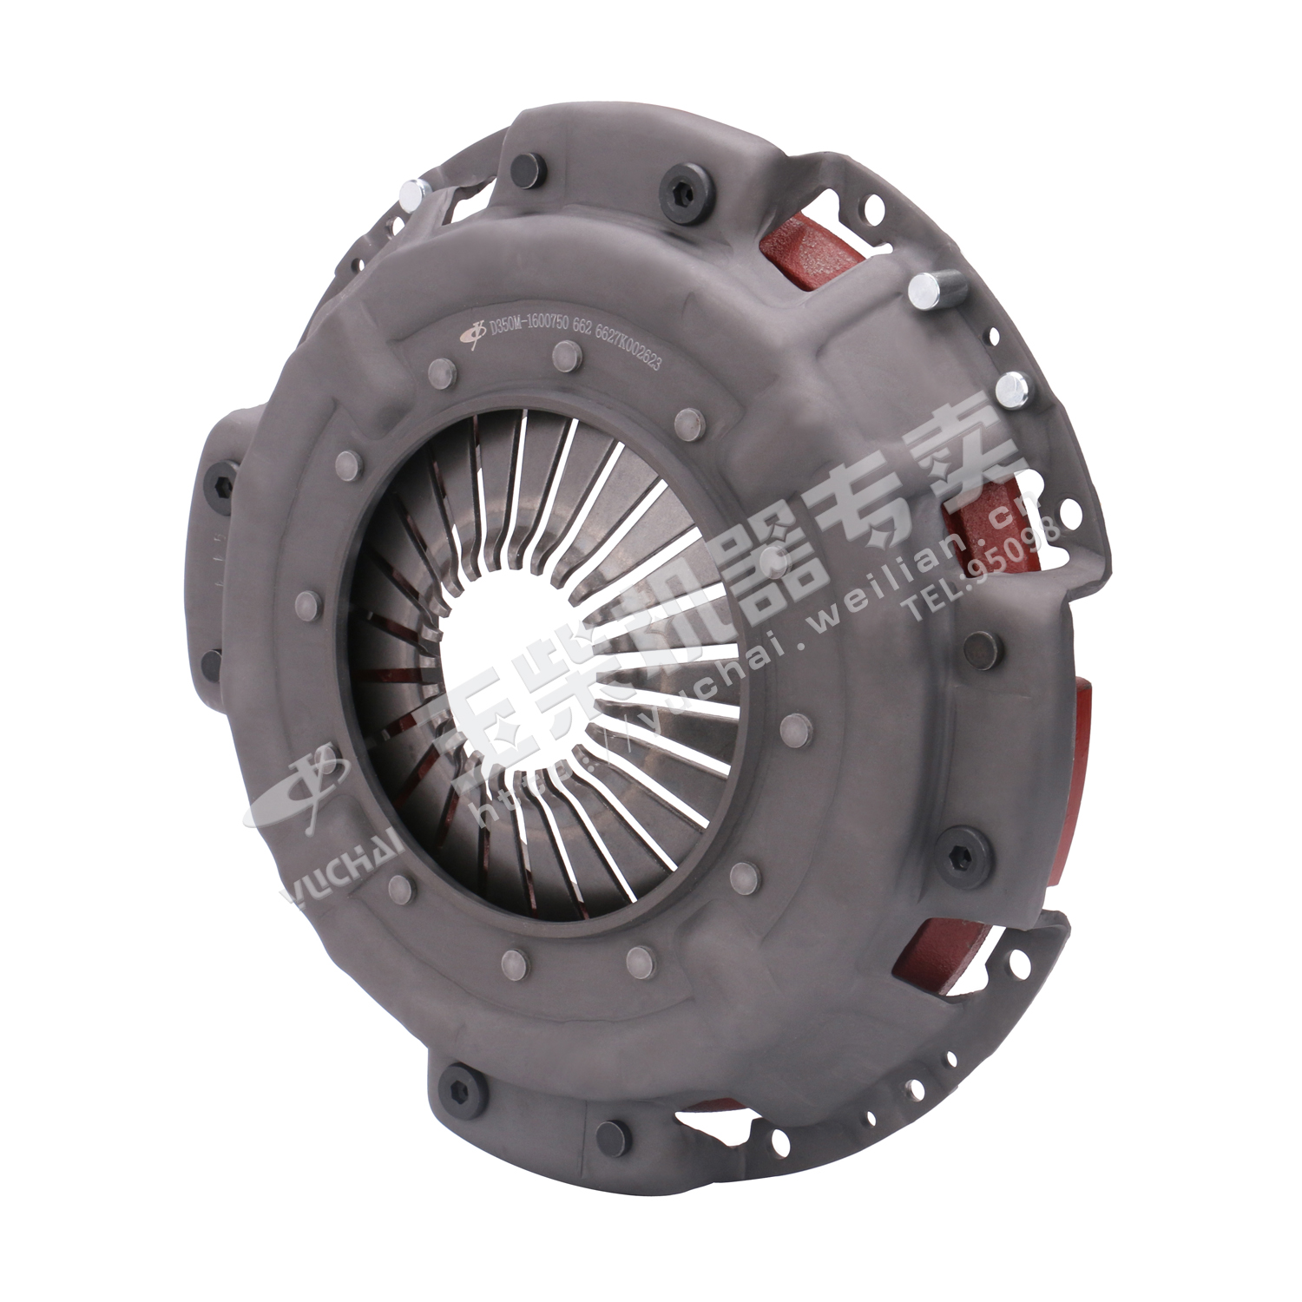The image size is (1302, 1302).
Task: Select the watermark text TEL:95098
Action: [981, 569]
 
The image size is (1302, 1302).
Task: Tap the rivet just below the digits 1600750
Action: [565, 355]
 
